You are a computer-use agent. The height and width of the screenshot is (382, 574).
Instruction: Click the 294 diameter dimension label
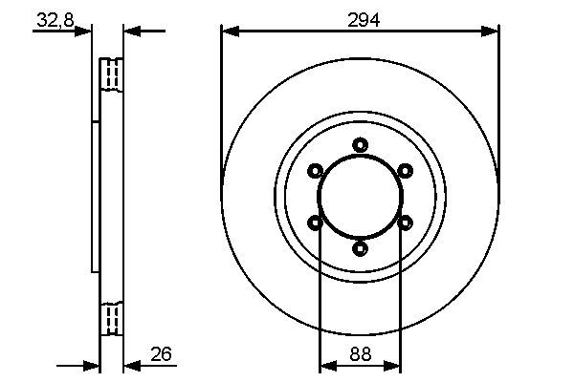coord(360,18)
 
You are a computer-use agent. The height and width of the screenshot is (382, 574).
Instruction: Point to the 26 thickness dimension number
coord(161,355)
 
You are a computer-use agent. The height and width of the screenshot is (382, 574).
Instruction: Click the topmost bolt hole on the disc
coord(360,145)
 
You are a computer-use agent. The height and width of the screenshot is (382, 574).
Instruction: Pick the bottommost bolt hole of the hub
coord(360,248)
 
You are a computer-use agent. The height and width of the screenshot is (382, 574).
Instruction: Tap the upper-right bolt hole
coord(405,171)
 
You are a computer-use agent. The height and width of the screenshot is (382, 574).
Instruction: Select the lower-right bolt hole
coord(405,223)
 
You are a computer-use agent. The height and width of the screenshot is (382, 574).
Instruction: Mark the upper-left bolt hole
coord(315,171)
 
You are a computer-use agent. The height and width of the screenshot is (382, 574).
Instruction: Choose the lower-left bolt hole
coord(315,223)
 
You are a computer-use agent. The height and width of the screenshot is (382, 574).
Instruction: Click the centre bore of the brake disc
coord(360,197)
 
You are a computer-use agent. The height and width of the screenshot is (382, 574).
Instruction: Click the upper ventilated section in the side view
coord(112,74)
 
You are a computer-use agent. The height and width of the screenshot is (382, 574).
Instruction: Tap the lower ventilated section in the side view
coord(112,317)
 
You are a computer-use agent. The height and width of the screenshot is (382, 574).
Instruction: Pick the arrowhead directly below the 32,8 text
coord(85,32)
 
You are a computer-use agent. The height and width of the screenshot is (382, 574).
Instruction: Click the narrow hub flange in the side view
coord(96,197)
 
